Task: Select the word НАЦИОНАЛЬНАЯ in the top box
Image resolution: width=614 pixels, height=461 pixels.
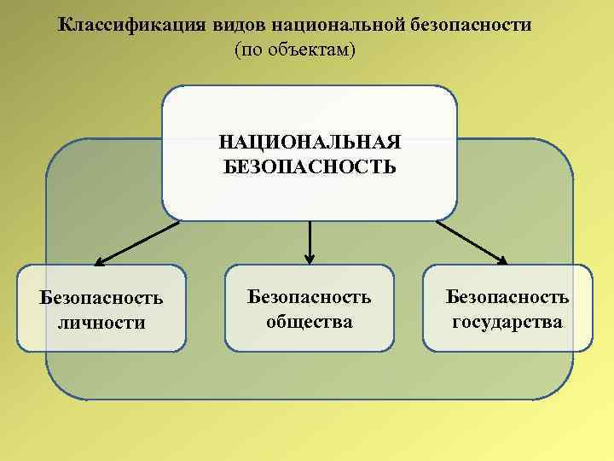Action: coord(310,141)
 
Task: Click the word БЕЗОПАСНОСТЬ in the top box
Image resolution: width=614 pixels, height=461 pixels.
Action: coord(310,164)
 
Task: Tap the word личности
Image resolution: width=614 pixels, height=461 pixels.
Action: coord(101,323)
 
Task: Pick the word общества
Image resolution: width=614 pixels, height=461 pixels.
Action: coord(309,322)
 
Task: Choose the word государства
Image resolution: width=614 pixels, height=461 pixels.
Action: coord(507,322)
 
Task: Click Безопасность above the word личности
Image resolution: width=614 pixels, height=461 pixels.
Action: coord(101,299)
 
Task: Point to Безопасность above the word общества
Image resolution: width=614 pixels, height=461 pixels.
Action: coord(309,297)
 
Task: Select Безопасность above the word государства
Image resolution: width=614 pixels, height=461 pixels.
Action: coord(507,297)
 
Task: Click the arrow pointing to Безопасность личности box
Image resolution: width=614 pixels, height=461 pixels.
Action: coord(136,242)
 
